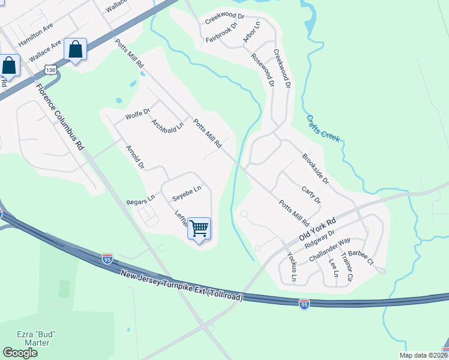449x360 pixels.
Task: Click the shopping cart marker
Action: (x=199, y=228)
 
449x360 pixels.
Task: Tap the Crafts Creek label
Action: (x=322, y=129)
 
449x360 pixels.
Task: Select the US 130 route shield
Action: (x=52, y=70)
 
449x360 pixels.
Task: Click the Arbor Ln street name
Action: (x=250, y=34)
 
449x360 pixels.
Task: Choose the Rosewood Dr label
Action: (x=262, y=71)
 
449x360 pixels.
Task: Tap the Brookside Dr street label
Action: (x=315, y=168)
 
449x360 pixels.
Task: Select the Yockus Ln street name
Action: (x=292, y=266)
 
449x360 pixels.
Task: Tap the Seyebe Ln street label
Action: (x=186, y=193)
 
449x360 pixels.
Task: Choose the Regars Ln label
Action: (x=140, y=200)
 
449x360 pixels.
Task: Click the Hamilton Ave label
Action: (x=36, y=35)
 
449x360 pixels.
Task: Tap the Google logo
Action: (x=20, y=353)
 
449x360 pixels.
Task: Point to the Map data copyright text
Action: (x=420, y=355)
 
